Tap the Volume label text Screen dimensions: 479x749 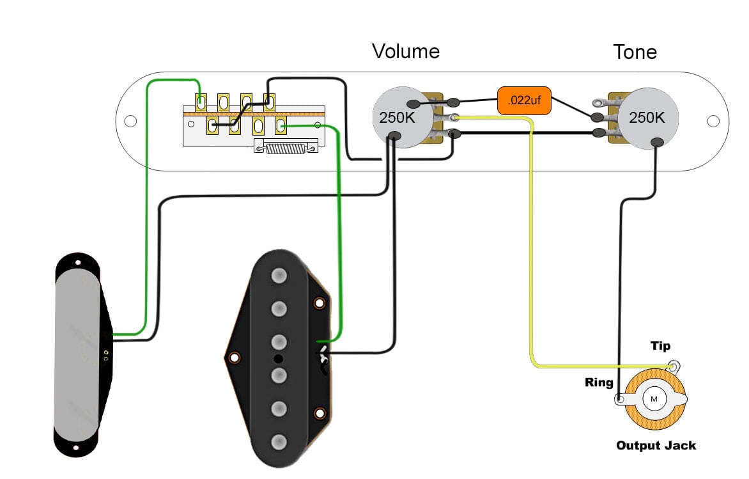coord(406,51)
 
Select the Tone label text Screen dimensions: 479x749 coord(635,51)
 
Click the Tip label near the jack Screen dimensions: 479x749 coord(660,346)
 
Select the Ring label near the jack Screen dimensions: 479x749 coord(599,383)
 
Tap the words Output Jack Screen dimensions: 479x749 coord(656,445)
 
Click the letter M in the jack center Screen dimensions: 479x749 coord(654,399)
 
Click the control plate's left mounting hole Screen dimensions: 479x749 coord(130,121)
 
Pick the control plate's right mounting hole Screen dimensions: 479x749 coord(714,121)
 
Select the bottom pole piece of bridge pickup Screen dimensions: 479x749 coord(279,442)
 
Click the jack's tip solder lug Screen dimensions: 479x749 coord(673,366)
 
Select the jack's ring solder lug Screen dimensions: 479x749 coord(620,400)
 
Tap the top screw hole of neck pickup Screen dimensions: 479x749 coord(77,262)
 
